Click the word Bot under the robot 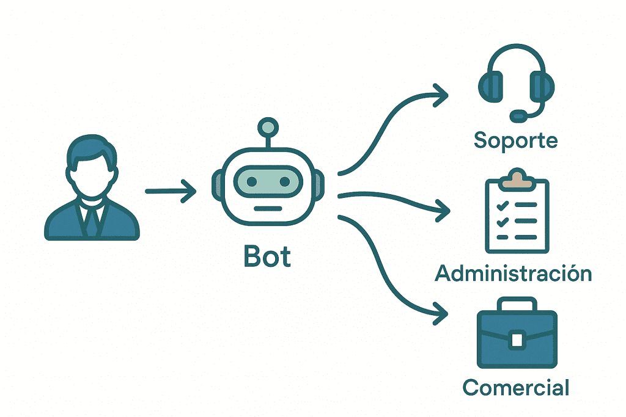[268, 257]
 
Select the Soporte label [515, 140]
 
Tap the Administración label [514, 273]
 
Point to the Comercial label [516, 387]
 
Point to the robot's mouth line [267, 208]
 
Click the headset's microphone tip [518, 115]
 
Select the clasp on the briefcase [517, 339]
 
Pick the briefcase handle [517, 304]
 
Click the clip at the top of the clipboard [517, 178]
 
